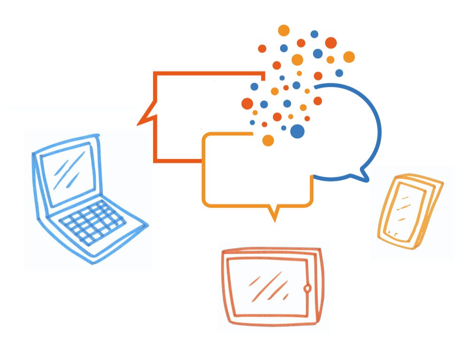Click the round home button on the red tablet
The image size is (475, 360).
coord(307,288)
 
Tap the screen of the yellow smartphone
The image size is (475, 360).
coord(404,207)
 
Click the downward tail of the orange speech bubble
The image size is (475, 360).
coord(273,215)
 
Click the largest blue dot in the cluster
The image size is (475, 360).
coord(297,131)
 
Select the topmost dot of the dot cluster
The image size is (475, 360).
coord(283,31)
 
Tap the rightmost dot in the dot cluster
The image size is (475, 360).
coord(349,57)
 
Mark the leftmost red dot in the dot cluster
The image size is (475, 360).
coord(247,103)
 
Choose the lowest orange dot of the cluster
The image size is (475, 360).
coord(268,140)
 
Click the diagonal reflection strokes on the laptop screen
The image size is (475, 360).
coord(66,172)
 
